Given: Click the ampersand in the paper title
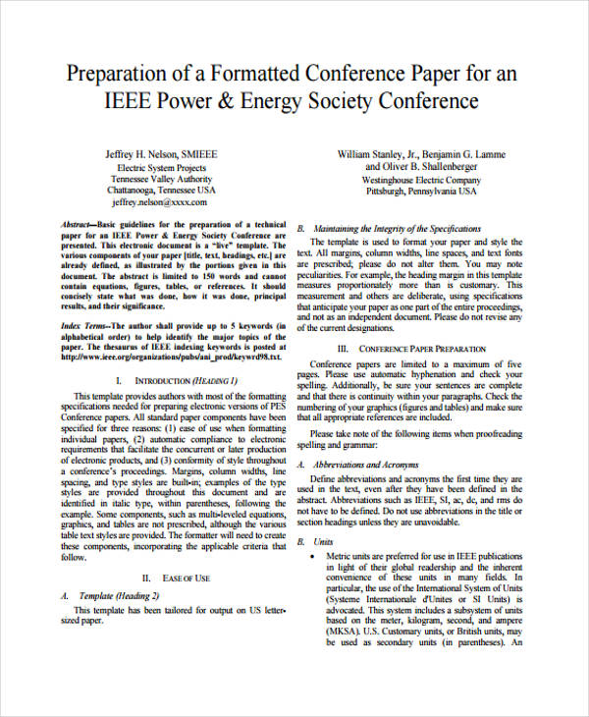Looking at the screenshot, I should pyautogui.click(x=252, y=101).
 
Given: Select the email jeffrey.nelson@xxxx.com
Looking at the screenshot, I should pyautogui.click(x=160, y=202).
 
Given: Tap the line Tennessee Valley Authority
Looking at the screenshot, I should pyautogui.click(x=160, y=179).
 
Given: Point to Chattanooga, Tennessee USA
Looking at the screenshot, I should pyautogui.click(x=160, y=191).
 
